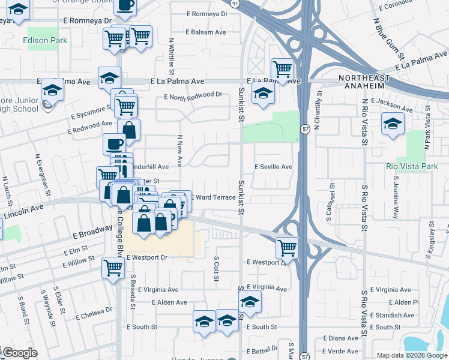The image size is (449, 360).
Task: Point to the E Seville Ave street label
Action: click(273, 167)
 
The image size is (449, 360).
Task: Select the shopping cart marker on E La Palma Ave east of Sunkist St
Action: click(282, 68)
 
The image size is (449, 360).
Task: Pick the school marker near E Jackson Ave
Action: click(393, 124)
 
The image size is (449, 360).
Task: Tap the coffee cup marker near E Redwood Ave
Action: click(114, 143)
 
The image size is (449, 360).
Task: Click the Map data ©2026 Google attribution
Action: click(412, 355)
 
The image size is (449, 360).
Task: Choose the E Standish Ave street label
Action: click(393, 315)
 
